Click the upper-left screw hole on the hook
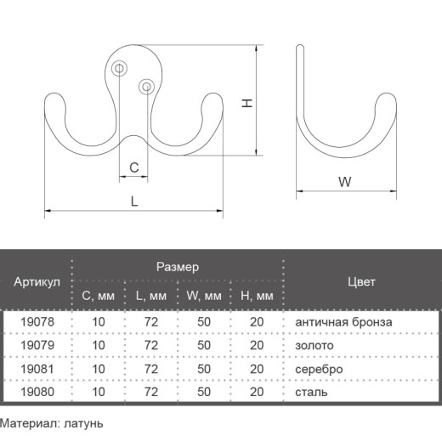(x=119, y=69)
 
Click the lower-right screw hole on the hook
(x=147, y=87)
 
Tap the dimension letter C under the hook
(x=134, y=167)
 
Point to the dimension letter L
(x=134, y=201)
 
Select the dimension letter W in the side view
(x=345, y=182)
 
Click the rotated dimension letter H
(x=247, y=103)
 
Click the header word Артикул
(x=37, y=282)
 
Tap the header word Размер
(x=178, y=267)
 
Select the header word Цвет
(x=361, y=282)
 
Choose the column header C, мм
(x=98, y=296)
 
